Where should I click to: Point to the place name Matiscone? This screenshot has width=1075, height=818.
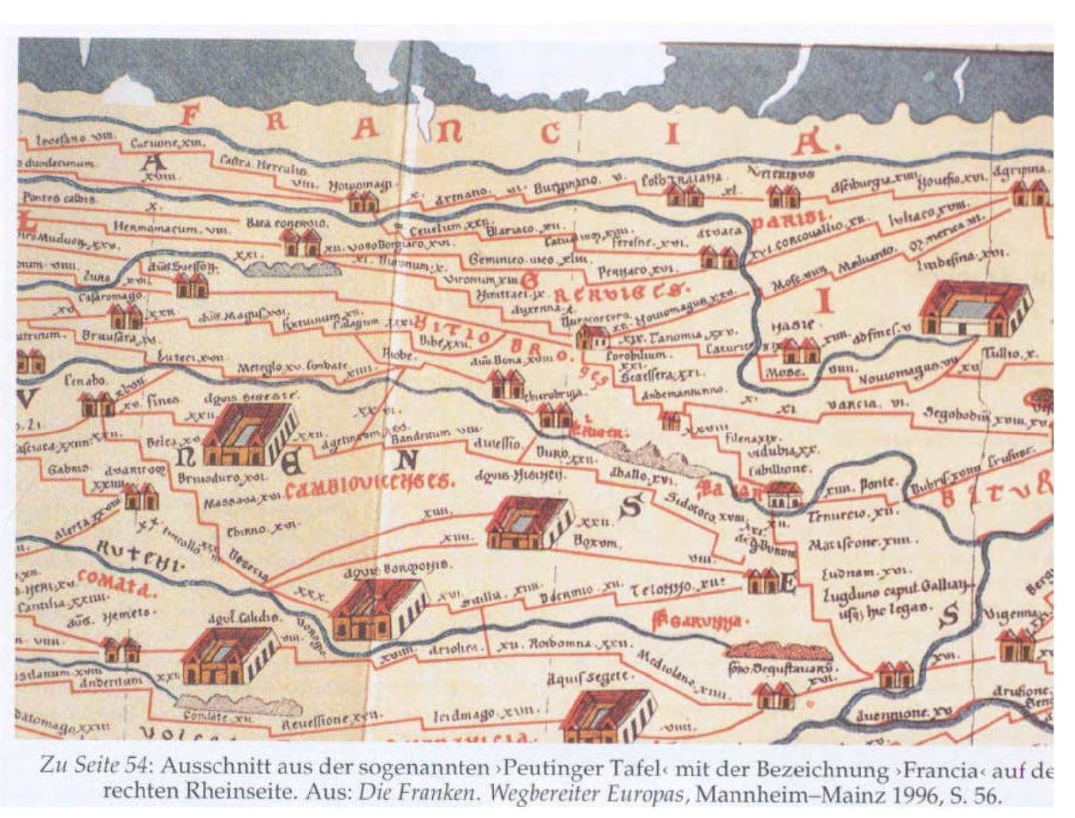pos(860,544)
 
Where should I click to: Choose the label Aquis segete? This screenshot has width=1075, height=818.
pos(590,676)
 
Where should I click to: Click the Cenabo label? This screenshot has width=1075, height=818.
pos(85,381)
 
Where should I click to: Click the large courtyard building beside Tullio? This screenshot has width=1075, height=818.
pos(976,308)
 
